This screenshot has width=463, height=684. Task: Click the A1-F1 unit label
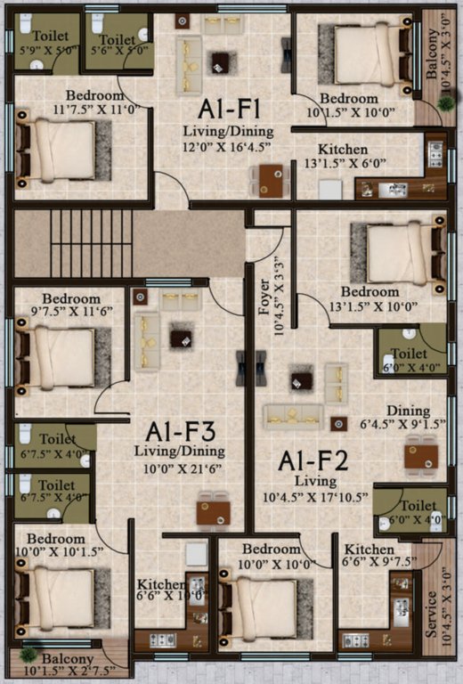tap(229, 110)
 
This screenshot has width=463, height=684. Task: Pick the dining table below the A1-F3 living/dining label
tap(213, 510)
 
